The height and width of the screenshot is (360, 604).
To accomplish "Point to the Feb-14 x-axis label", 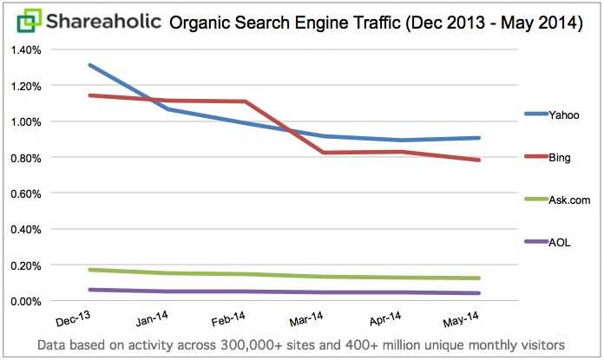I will click(228, 319).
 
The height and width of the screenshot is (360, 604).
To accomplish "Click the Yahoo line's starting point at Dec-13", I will click(89, 65).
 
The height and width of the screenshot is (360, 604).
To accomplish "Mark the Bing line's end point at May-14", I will click(479, 160).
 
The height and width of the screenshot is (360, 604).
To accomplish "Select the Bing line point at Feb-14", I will click(246, 101).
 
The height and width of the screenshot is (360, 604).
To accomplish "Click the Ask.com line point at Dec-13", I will click(89, 270).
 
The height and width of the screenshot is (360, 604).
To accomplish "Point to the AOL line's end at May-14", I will click(479, 293).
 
